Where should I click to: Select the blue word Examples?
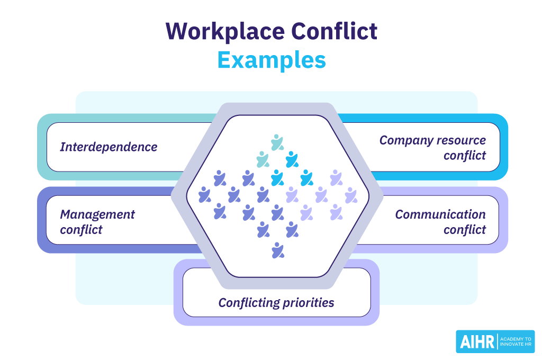(272, 60)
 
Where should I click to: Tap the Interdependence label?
(109, 147)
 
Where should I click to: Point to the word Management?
(97, 214)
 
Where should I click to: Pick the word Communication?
(440, 214)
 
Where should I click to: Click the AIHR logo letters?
(476, 341)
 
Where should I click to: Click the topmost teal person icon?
(276, 142)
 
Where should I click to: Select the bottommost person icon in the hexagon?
(276, 250)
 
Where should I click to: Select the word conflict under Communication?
(465, 230)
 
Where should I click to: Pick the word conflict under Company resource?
(465, 156)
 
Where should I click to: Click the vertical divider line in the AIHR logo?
(498, 341)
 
